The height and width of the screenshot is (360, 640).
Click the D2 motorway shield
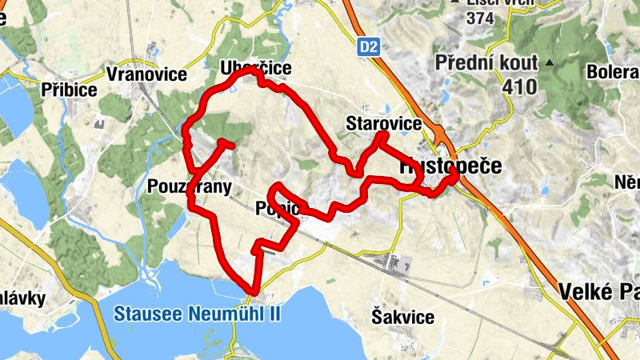368,48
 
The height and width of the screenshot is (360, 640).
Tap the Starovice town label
383,123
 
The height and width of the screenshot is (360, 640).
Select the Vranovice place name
146,74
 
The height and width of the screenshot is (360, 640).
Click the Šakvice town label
403,317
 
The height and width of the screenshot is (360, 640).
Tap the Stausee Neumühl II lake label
197,313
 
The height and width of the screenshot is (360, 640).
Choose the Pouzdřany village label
190,187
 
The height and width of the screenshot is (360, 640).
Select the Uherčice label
256,69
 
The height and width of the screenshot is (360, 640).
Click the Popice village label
278,209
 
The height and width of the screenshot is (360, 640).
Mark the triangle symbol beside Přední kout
550,62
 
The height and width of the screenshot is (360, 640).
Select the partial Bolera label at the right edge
613,72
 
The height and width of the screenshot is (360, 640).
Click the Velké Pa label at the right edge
599,290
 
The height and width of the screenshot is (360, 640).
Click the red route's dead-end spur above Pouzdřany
230,146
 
